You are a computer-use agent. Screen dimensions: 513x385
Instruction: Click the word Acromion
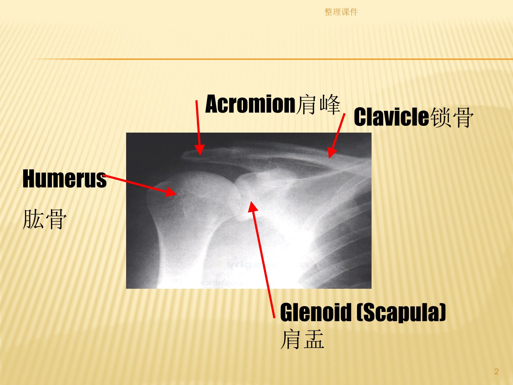click(x=250, y=104)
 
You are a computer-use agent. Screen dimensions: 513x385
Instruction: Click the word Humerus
click(x=64, y=179)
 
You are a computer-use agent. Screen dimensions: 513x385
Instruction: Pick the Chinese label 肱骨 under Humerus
click(x=45, y=219)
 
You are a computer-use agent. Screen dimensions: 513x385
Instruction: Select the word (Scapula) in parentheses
click(x=401, y=313)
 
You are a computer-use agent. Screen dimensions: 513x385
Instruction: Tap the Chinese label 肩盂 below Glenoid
click(x=302, y=339)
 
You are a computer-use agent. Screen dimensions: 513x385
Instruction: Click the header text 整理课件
click(x=341, y=12)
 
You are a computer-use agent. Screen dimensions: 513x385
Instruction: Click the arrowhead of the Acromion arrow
click(x=199, y=150)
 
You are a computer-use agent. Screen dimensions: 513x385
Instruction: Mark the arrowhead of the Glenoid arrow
click(x=253, y=206)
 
